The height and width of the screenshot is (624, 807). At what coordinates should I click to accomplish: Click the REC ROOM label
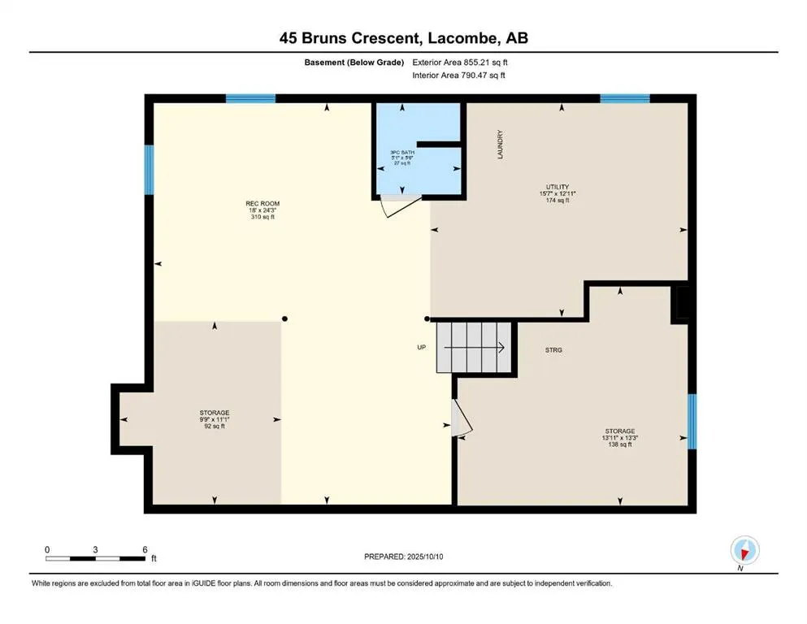pos(262,204)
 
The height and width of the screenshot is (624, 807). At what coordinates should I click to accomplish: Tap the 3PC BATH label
pos(402,153)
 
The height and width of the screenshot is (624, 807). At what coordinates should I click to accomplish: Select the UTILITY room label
pos(558,187)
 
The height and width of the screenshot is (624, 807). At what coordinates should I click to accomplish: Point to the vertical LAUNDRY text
pos(500,145)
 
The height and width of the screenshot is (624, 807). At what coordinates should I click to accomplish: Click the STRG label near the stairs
pos(553,350)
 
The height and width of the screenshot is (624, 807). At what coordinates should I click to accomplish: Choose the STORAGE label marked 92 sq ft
pos(215,413)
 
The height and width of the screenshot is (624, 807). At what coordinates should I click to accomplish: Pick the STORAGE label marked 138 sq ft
pos(620,431)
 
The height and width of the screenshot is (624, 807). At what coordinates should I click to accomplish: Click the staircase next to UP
pos(474,347)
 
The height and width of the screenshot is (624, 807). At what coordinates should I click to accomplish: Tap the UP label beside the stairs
pos(422,347)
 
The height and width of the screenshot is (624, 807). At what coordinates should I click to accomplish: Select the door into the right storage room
pos(461,418)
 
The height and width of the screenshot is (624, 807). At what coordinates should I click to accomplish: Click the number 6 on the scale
pos(145,549)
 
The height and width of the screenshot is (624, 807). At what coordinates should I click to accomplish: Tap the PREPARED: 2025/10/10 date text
pos(403,557)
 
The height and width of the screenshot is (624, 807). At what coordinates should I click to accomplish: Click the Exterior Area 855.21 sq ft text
pos(460,63)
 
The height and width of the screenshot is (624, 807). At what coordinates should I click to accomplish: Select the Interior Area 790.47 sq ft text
pos(458,75)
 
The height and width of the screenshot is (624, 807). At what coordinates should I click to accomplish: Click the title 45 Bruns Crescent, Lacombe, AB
pos(403,38)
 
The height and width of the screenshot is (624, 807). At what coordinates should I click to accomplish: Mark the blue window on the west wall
pos(149,170)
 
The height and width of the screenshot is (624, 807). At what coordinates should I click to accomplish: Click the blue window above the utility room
pos(625,98)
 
